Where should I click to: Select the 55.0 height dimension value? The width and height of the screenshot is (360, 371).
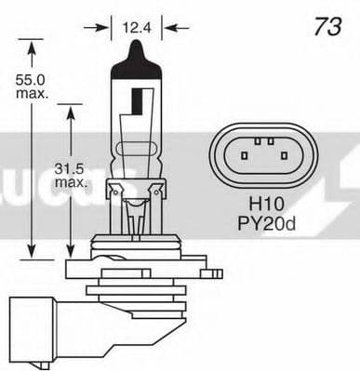tap(32, 82)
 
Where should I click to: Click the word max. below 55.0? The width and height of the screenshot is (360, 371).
tap(32, 98)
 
